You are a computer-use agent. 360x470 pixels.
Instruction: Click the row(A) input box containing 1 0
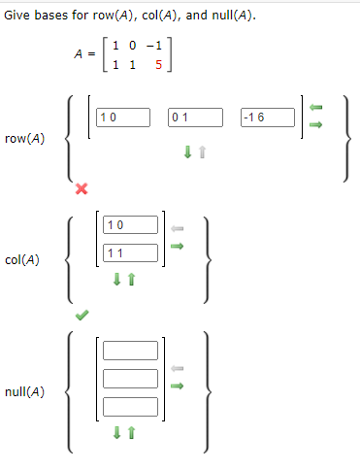coord(123,117)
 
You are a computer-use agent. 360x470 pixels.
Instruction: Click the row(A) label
coord(24,139)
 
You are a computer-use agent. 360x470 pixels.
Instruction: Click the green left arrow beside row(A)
coord(314,107)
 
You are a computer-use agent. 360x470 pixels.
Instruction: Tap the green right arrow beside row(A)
coord(314,123)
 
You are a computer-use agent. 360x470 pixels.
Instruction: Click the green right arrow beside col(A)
coord(177,245)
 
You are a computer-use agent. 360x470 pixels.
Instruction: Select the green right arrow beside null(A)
coord(177,385)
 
